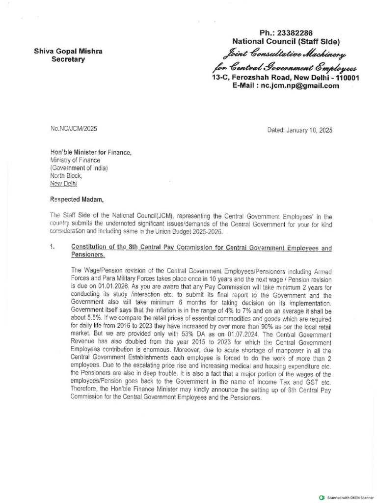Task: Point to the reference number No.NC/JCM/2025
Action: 74,129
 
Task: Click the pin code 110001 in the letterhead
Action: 346,78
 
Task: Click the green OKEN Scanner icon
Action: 322,497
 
